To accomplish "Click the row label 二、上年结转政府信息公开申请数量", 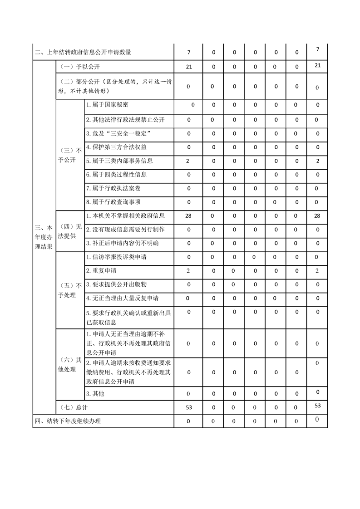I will (x=83, y=53).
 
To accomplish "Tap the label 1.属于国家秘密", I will (x=107, y=105).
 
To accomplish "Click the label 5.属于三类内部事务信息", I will (x=119, y=161).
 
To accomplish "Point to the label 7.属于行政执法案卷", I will (x=113, y=188).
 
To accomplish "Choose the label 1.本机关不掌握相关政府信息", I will (x=125, y=216).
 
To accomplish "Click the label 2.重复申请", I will (x=101, y=271).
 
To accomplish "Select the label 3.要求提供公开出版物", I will (x=116, y=284).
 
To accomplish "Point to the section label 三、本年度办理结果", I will (x=44, y=237).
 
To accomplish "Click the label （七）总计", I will (x=71, y=407).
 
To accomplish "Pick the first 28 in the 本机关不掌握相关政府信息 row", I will (x=189, y=216).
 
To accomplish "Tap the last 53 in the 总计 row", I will (x=317, y=406).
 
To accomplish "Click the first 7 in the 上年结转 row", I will (x=189, y=53).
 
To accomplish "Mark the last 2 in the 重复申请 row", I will (x=317, y=271).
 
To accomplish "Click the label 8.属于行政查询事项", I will (x=113, y=202).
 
